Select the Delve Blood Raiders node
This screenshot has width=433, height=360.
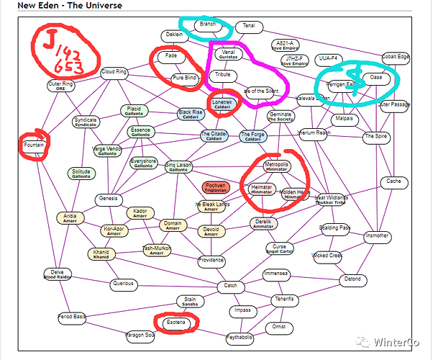(x=58, y=274)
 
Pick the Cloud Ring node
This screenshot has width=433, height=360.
(x=114, y=72)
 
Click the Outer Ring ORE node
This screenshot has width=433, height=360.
(x=61, y=86)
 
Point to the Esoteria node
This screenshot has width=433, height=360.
(x=175, y=323)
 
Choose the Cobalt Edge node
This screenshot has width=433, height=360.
(x=396, y=57)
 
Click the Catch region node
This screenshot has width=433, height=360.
(x=230, y=287)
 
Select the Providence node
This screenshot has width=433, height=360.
(x=211, y=260)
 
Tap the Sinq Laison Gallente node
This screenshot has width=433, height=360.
(x=179, y=166)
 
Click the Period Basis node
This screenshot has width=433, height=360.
(x=72, y=317)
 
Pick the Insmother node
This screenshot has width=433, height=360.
(x=377, y=235)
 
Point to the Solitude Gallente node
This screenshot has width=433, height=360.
(x=81, y=174)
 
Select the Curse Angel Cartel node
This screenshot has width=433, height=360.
(x=279, y=249)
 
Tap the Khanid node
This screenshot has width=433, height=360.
(x=101, y=253)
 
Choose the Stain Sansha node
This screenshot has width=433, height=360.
(x=190, y=302)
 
